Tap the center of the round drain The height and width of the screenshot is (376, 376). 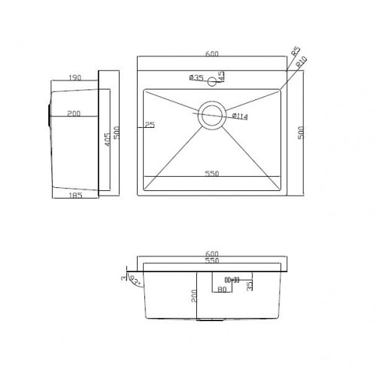coord(211,113)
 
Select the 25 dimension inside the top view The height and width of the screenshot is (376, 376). coord(150,125)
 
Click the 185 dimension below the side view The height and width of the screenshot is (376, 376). coord(74,196)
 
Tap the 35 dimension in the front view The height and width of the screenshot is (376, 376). coord(250,284)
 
